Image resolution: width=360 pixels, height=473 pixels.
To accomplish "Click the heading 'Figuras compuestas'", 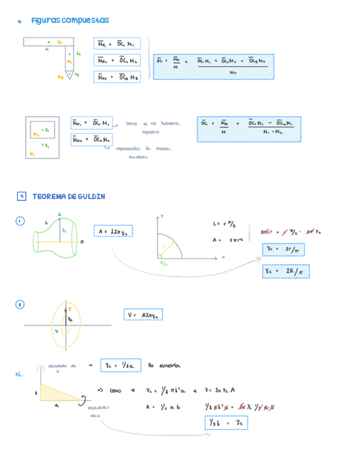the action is click(70, 21).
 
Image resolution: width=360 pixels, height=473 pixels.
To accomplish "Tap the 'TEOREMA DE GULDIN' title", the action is click(69, 196).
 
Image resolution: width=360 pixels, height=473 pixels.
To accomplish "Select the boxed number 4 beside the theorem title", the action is click(22, 196).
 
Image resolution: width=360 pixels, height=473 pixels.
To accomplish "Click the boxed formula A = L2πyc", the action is click(113, 231).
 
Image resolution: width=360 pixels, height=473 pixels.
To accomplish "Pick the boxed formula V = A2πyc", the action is click(143, 315).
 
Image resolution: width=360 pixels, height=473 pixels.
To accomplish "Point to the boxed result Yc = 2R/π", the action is click(285, 272).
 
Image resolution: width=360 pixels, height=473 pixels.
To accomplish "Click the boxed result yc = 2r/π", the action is click(283, 250).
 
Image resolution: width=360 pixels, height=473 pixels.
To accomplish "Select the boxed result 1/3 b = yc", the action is click(226, 423).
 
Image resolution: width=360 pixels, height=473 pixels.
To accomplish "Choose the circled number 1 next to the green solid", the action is click(20, 221).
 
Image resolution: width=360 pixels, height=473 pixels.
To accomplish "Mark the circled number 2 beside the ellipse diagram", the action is click(20, 305).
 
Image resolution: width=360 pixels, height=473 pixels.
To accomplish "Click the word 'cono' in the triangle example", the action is click(115, 390).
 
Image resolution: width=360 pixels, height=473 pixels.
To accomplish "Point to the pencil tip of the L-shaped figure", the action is click(69, 74).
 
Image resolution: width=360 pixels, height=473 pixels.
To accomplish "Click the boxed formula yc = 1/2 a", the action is click(116, 365).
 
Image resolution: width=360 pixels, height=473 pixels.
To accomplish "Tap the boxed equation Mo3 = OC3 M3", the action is click(117, 77).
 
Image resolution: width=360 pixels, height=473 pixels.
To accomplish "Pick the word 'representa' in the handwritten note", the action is click(128, 149).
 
